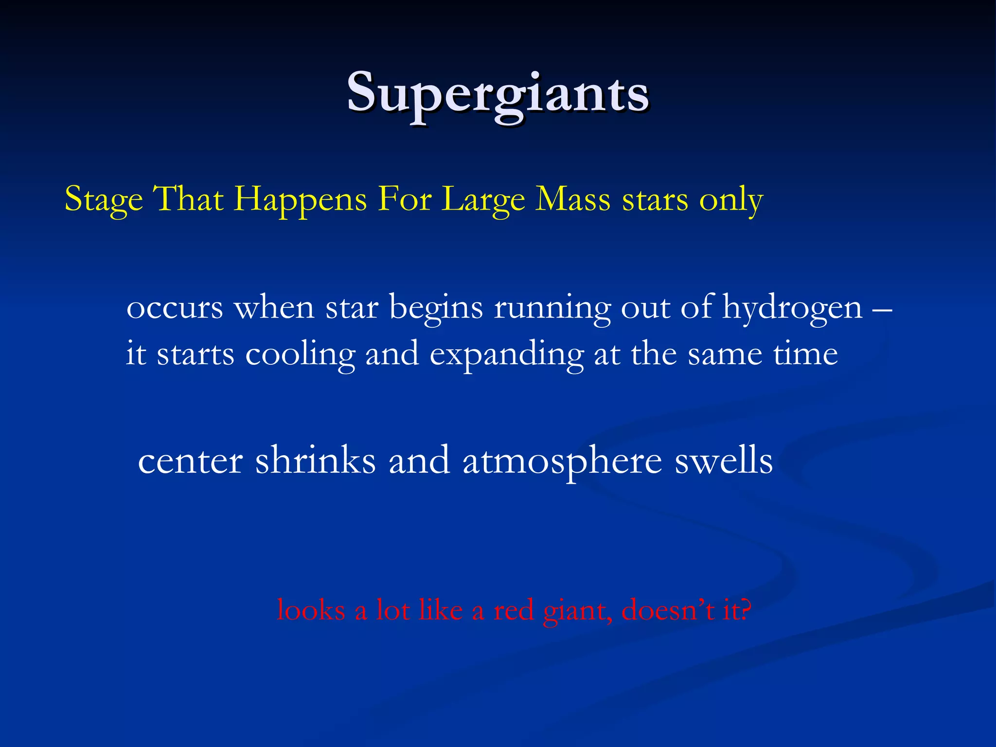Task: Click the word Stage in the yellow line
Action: [104, 199]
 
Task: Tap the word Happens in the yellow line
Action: [300, 199]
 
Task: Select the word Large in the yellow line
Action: [484, 199]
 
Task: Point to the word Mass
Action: [572, 199]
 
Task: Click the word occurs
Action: [175, 308]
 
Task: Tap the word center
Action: [191, 461]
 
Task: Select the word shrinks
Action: [316, 460]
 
